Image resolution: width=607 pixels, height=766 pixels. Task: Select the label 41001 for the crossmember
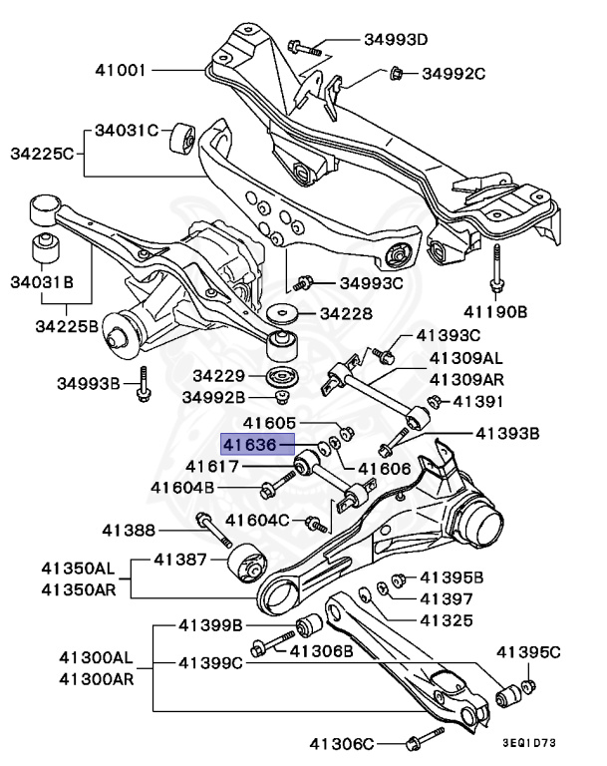(122, 71)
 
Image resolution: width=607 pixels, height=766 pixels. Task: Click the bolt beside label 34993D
(304, 46)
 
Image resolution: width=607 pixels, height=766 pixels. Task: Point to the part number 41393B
(505, 434)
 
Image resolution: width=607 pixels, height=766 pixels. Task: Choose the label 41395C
(528, 653)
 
